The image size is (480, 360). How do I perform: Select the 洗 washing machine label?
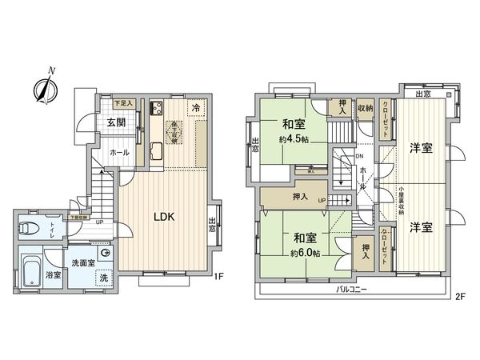[x=103, y=278]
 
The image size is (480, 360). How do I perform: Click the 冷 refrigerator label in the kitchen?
[x=195, y=106]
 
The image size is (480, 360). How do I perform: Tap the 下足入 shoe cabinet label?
[x=122, y=102]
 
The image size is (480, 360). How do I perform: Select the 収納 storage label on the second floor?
[x=365, y=106]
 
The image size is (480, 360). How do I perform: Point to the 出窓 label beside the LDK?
[x=213, y=225]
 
